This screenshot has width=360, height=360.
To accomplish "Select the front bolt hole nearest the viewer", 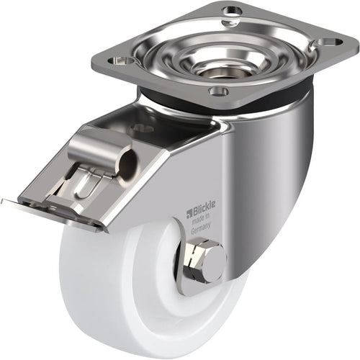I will (217, 91).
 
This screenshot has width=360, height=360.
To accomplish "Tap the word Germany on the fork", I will (202, 227).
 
